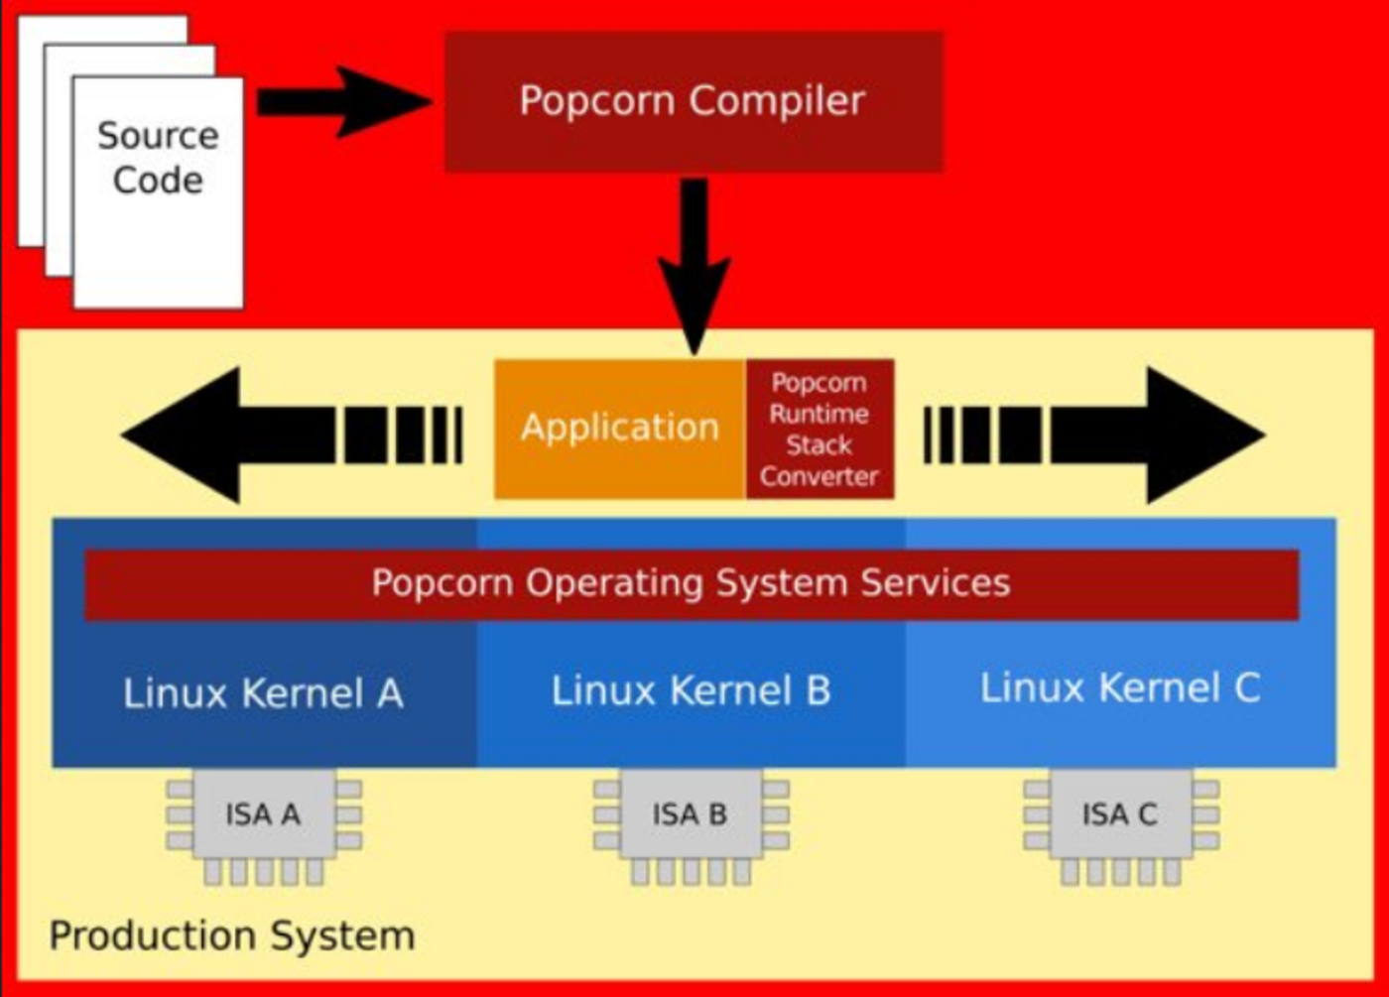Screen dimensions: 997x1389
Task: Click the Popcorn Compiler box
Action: (x=693, y=101)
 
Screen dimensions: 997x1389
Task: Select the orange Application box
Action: (x=619, y=428)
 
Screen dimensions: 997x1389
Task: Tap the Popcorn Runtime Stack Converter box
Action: (x=820, y=429)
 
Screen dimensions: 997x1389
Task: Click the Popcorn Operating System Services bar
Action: (x=691, y=583)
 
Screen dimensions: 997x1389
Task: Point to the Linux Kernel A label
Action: (x=263, y=693)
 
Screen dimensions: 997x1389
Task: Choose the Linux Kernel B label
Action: (x=691, y=690)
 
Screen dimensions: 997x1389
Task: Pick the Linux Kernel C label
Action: (x=1120, y=687)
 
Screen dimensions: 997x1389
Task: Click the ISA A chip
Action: (x=263, y=815)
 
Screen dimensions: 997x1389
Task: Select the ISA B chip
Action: (x=691, y=815)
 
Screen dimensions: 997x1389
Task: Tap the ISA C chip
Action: (x=1120, y=815)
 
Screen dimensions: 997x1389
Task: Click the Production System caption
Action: (x=232, y=935)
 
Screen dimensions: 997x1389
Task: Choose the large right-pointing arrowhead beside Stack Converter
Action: (x=1200, y=435)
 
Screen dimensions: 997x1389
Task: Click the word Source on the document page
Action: (x=158, y=135)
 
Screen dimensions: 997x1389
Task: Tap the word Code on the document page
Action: (x=158, y=181)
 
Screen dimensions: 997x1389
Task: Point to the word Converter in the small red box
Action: (x=820, y=476)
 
